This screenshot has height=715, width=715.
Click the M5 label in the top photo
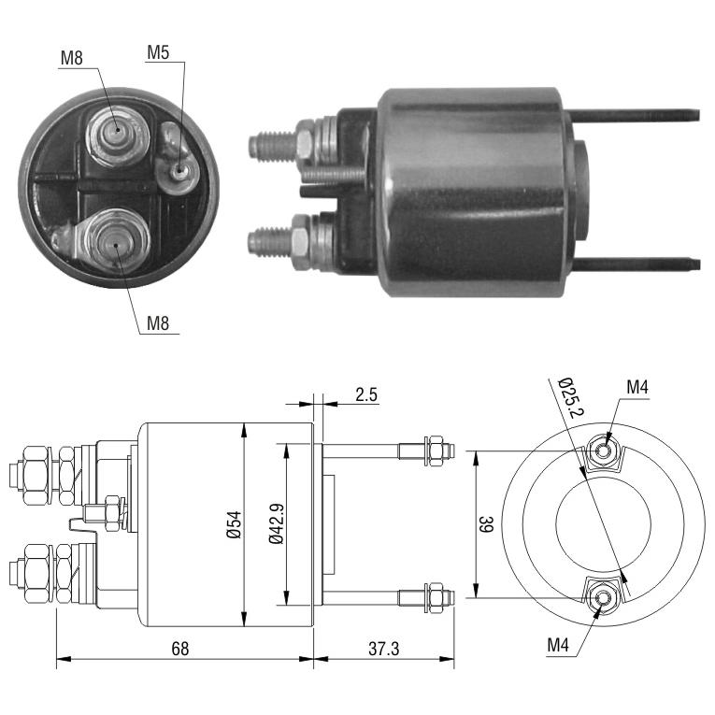158,53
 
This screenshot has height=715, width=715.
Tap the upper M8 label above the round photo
72,58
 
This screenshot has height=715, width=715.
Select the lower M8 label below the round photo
158,323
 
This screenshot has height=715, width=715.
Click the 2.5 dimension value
366,394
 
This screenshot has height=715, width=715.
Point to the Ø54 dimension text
234,525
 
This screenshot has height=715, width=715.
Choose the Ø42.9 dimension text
277,524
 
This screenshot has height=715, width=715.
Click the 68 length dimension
180,649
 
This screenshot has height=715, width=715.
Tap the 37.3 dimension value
383,649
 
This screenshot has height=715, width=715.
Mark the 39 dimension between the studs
486,524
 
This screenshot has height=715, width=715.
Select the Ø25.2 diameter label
570,397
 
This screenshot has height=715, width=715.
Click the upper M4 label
637,388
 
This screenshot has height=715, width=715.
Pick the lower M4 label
558,645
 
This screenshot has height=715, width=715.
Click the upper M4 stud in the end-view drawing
604,451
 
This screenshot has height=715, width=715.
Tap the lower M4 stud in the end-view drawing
604,597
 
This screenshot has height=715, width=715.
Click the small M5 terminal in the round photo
179,172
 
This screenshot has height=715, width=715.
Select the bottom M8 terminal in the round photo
116,242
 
